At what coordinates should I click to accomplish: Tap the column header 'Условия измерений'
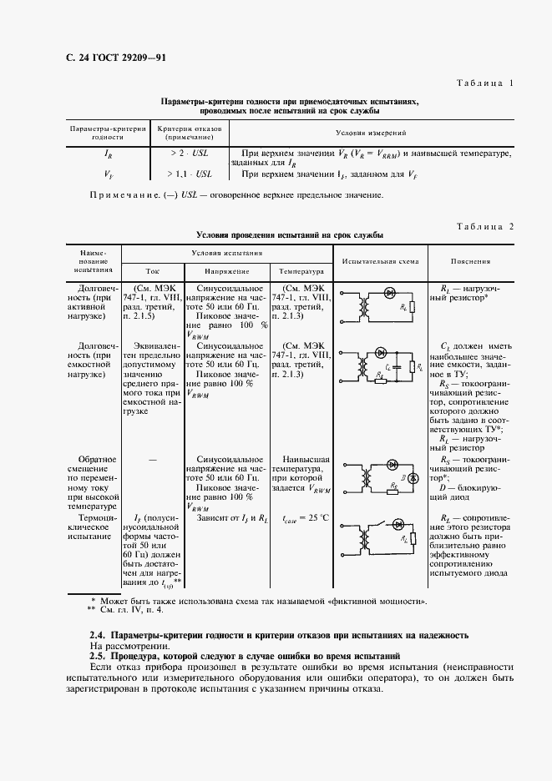[x=371, y=132]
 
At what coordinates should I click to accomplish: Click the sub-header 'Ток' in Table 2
[x=152, y=271]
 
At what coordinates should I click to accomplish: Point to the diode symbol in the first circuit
[x=389, y=292]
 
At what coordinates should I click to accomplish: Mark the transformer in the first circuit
[x=365, y=308]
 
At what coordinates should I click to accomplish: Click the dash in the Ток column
[x=152, y=459]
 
